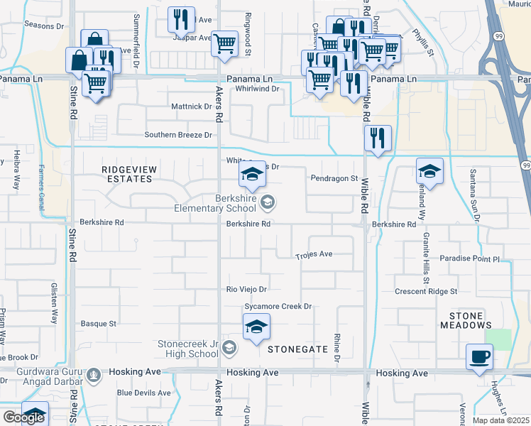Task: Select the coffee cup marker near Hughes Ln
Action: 479,356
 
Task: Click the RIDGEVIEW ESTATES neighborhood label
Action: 127,174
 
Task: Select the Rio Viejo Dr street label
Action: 246,290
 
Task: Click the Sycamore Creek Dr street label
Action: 278,307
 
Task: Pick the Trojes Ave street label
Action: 314,254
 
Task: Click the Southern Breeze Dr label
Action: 178,135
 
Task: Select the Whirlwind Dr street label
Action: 255,89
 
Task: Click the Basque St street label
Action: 98,324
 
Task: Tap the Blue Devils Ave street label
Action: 144,393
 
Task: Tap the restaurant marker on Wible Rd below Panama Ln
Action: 378,138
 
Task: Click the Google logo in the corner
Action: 24,418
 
